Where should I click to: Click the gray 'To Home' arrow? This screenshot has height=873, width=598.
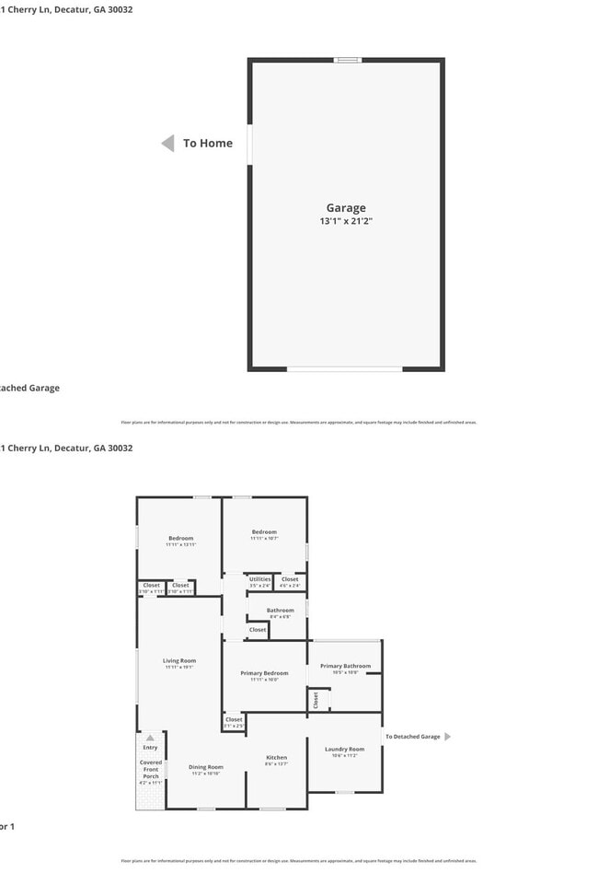[168, 143]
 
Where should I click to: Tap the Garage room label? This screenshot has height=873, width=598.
[346, 208]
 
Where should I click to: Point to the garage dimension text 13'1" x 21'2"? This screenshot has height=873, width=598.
[346, 221]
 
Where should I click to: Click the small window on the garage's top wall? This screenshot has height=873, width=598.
[347, 60]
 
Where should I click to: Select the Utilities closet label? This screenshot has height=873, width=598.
[260, 579]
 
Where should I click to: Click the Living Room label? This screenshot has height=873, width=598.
[179, 660]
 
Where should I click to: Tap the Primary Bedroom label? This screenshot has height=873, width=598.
[264, 673]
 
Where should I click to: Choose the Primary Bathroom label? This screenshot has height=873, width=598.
[345, 666]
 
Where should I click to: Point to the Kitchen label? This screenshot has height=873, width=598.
[276, 757]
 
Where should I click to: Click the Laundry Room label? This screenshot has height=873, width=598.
[345, 749]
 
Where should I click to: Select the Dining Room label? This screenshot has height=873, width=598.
[206, 766]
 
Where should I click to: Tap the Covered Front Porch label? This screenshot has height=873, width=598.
[151, 769]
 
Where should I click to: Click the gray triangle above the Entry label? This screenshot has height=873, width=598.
[150, 738]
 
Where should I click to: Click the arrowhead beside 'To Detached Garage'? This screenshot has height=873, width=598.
[448, 737]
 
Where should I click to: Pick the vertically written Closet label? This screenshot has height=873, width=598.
[316, 700]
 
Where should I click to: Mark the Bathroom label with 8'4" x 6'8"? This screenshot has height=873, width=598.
[281, 610]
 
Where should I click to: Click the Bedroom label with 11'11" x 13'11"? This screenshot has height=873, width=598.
[180, 538]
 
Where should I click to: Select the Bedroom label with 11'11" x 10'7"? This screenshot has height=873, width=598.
[265, 531]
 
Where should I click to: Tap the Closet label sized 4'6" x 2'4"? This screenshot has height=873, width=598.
[290, 579]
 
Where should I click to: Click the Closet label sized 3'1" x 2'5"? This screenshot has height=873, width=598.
[234, 719]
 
